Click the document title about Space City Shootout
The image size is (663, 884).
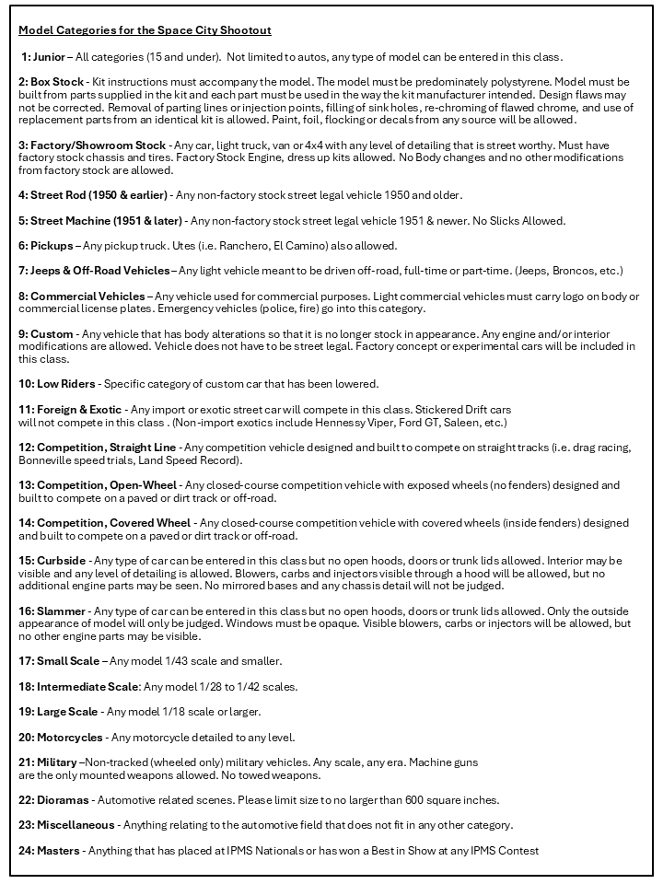coord(145,30)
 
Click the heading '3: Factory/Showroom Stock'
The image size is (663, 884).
coord(92,145)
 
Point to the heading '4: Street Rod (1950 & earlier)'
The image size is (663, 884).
coord(93,194)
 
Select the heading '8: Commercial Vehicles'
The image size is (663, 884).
coord(82,297)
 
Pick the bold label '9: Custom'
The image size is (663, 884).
coord(46,333)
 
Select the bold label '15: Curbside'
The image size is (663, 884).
coord(52,560)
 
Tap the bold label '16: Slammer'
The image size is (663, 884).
coord(53,611)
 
